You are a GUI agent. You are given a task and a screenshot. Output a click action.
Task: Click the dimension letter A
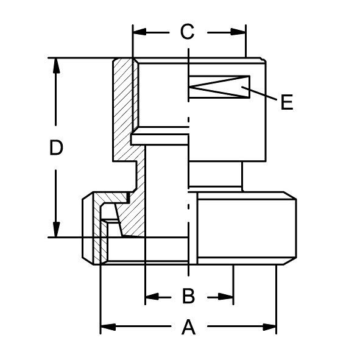click(x=188, y=326)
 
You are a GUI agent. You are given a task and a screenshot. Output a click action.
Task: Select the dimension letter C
click(x=188, y=32)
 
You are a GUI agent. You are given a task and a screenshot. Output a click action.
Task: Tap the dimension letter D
click(x=56, y=147)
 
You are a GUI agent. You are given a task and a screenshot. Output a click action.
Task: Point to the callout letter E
click(x=287, y=102)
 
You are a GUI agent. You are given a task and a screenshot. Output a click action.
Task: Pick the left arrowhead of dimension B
click(x=152, y=297)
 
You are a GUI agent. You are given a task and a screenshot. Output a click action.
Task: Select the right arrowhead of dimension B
click(x=226, y=297)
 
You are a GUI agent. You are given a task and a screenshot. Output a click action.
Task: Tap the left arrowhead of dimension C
click(x=139, y=32)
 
